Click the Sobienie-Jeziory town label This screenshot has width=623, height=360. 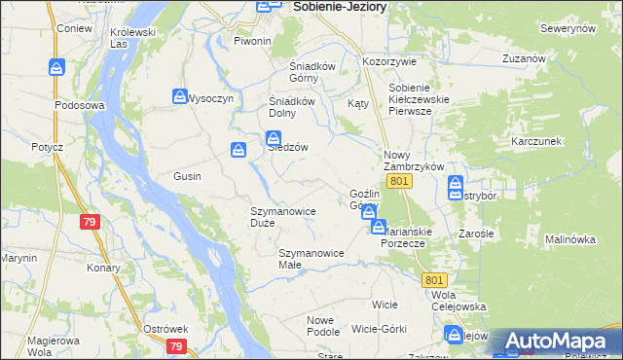(x=339, y=7)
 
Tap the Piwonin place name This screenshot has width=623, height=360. (x=252, y=41)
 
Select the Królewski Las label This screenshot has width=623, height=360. (x=133, y=37)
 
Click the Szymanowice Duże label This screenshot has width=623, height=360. (x=281, y=216)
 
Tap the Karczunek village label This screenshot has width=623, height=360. (x=536, y=141)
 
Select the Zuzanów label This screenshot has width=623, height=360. (x=522, y=58)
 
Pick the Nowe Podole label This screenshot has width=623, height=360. (x=321, y=326)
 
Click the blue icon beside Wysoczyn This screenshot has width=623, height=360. (x=179, y=96)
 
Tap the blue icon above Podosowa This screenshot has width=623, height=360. (x=57, y=67)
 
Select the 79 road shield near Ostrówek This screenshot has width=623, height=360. (x=175, y=346)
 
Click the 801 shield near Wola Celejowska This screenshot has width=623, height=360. (x=434, y=279)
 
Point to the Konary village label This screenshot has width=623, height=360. (x=102, y=268)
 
